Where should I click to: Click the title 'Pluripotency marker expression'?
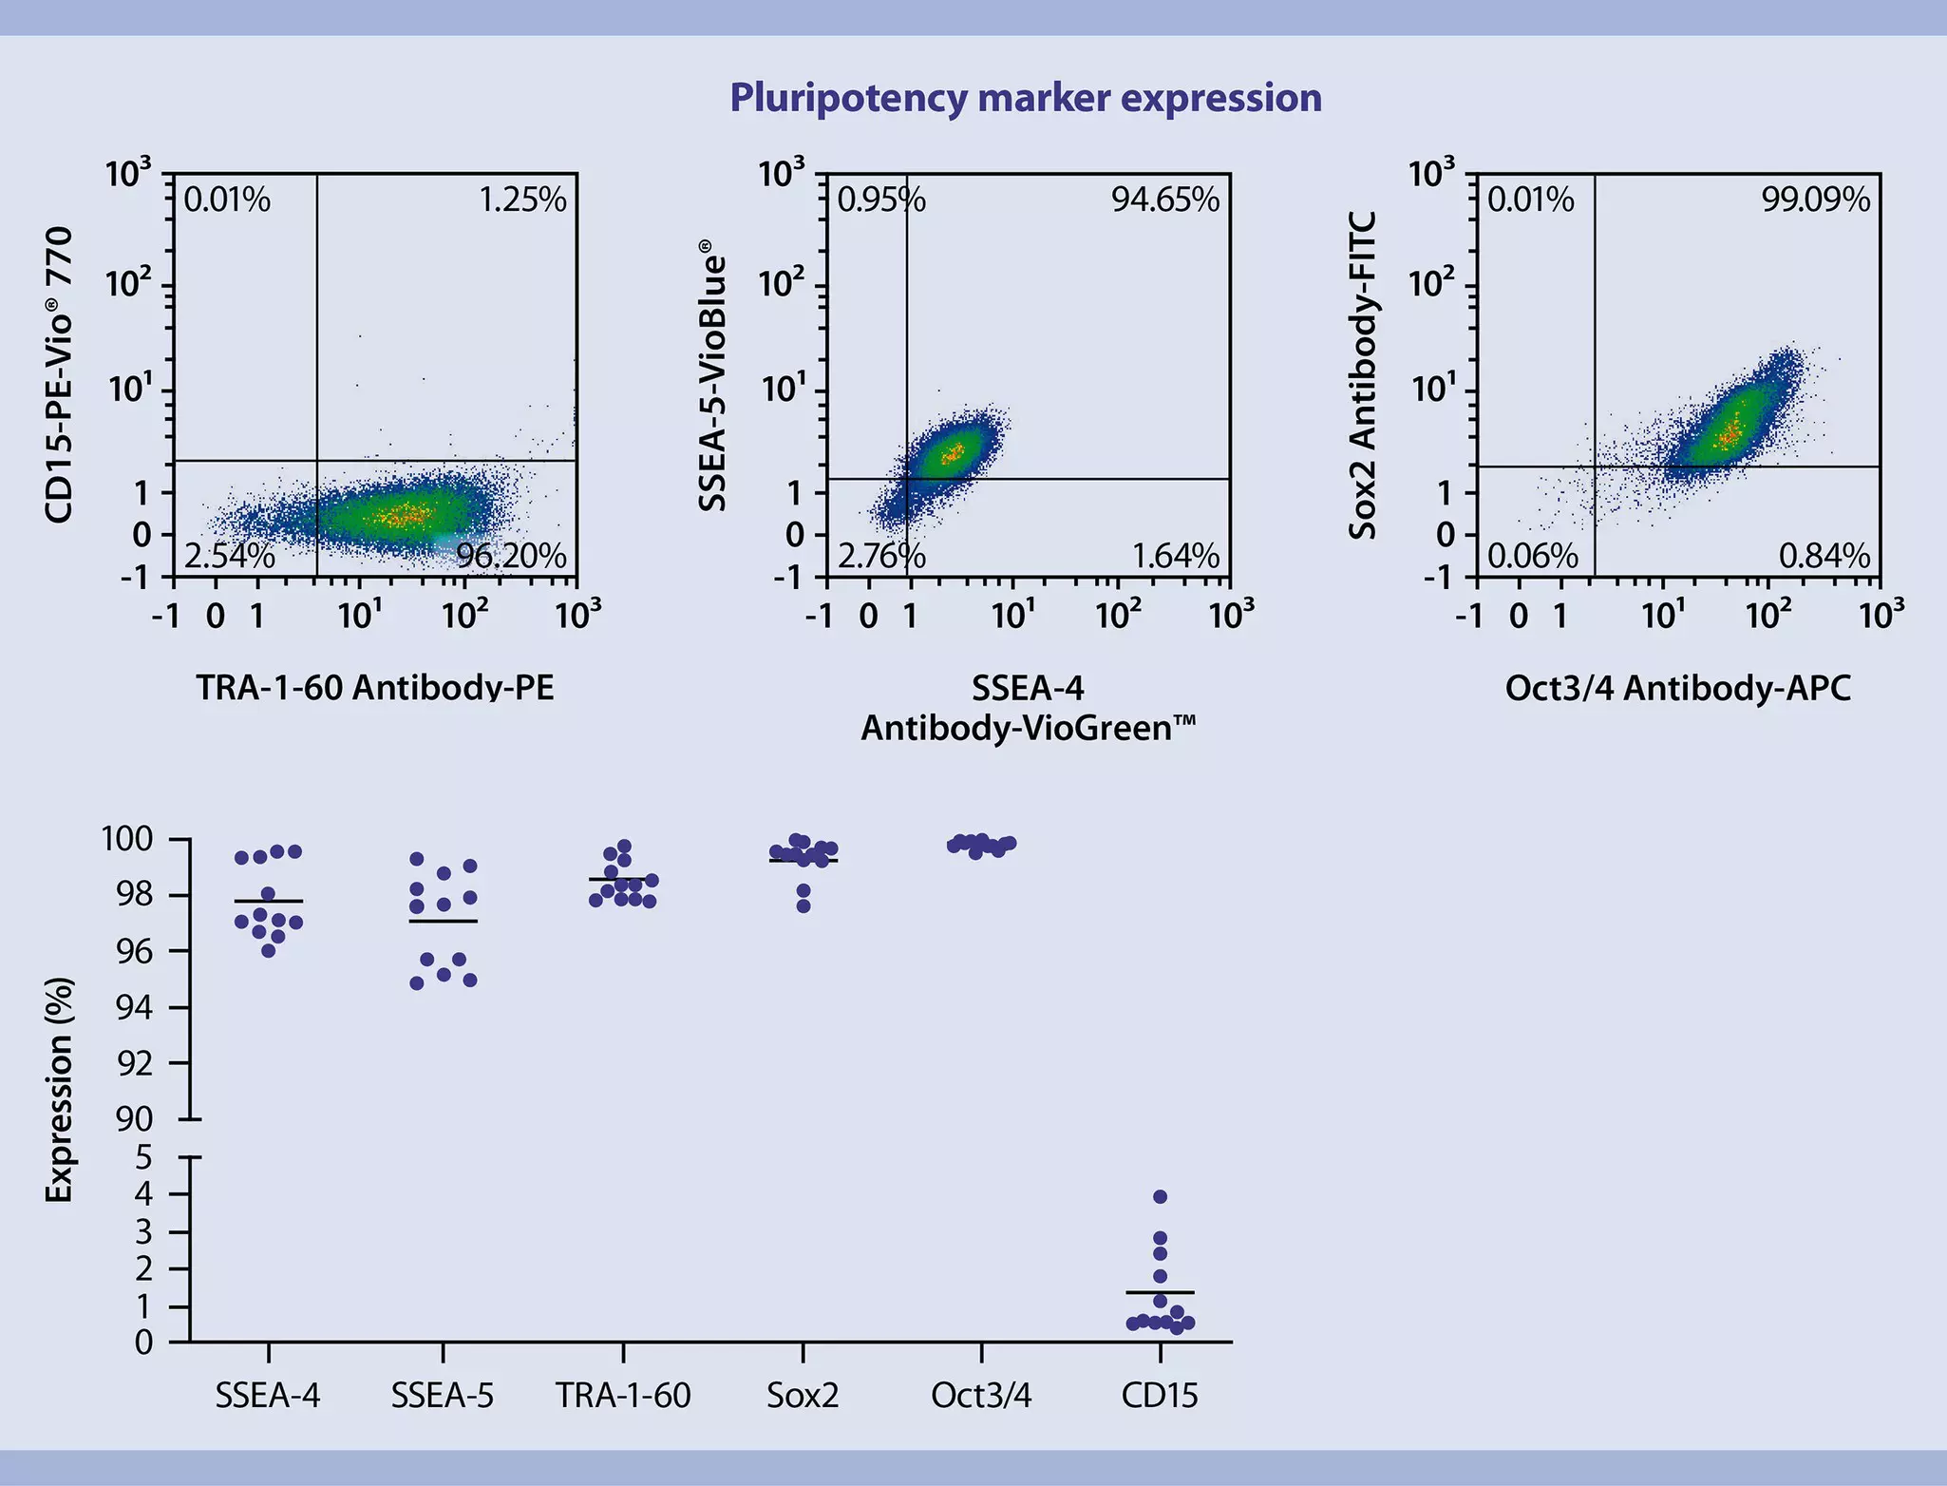click(x=1025, y=98)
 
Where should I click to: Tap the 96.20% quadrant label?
click(x=511, y=556)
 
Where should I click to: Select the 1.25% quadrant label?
click(x=521, y=200)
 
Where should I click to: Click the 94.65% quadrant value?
click(x=1165, y=200)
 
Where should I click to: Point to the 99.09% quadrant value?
click(x=1815, y=200)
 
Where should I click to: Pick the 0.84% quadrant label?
click(x=1824, y=556)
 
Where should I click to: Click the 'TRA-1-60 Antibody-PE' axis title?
click(x=375, y=687)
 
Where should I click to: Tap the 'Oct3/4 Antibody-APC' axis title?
click(x=1677, y=687)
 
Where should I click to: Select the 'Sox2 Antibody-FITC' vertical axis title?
click(x=1363, y=375)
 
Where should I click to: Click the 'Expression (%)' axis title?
click(x=60, y=1090)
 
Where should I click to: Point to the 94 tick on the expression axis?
click(x=134, y=1007)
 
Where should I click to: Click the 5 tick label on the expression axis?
click(x=143, y=1157)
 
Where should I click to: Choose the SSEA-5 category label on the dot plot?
click(x=443, y=1395)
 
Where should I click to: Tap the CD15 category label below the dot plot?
click(x=1159, y=1395)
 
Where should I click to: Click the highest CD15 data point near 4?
click(x=1160, y=1196)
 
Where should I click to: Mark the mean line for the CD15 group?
click(x=1160, y=1292)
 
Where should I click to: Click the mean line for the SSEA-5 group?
click(x=443, y=921)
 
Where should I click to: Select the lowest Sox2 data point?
click(x=803, y=906)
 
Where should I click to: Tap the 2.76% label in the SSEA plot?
click(x=880, y=556)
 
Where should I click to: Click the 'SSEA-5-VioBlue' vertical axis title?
click(x=712, y=375)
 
